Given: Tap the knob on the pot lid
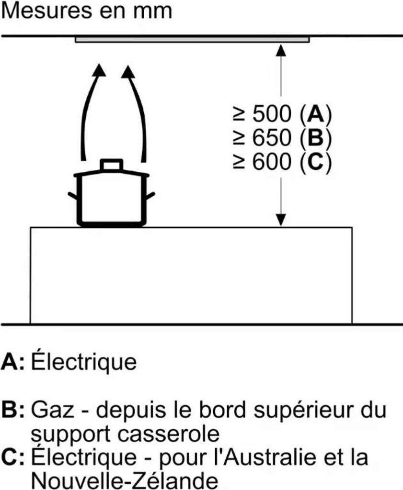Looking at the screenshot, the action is pyautogui.click(x=111, y=165).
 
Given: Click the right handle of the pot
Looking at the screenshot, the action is pyautogui.click(x=150, y=195).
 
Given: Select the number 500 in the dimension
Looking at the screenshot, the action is pyautogui.click(x=271, y=114).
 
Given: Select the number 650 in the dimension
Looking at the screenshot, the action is pyautogui.click(x=271, y=139).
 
